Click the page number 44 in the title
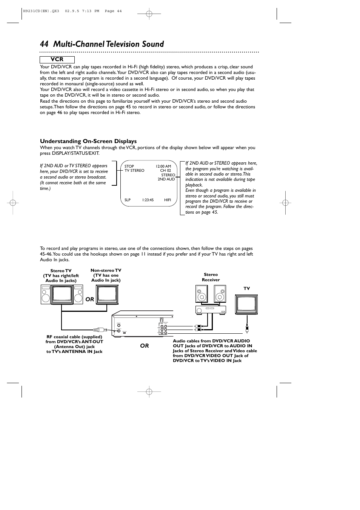pyautogui.click(x=45, y=44)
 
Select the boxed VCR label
pyautogui.click(x=57, y=60)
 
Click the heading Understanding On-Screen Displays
pyautogui.click(x=88, y=141)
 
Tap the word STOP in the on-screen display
pyautogui.click(x=129, y=166)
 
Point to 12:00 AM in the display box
pyautogui.click(x=163, y=166)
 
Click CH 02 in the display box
pyautogui.click(x=165, y=171)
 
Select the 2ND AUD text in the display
pyautogui.click(x=166, y=179)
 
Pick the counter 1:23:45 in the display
pyautogui.click(x=148, y=200)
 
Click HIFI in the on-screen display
pyautogui.click(x=168, y=200)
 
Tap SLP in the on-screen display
pyautogui.click(x=128, y=200)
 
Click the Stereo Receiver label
pyautogui.click(x=211, y=277)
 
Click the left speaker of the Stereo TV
pyautogui.click(x=46, y=294)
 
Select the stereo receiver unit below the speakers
pyautogui.click(x=211, y=310)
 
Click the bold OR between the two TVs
pyautogui.click(x=89, y=299)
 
